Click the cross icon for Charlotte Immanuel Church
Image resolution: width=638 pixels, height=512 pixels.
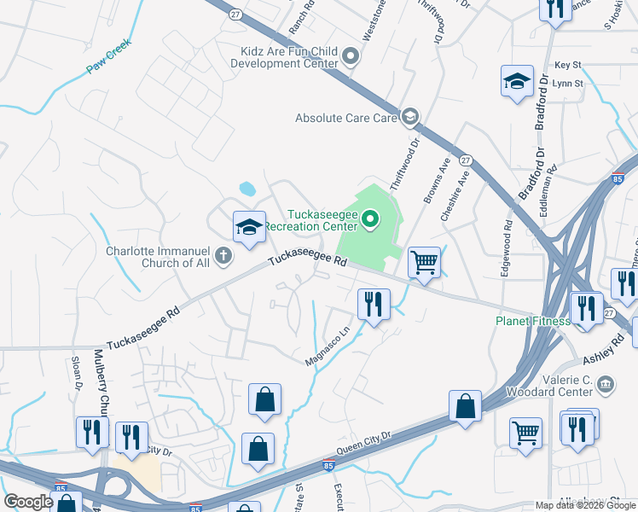point(223,254)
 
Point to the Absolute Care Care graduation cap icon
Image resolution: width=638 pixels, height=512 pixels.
point(410,117)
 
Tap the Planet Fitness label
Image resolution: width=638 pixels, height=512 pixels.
point(533,321)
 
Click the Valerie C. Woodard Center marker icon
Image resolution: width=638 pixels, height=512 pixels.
point(605,385)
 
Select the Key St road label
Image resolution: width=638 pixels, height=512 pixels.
point(567,65)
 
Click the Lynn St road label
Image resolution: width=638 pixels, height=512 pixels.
point(567,84)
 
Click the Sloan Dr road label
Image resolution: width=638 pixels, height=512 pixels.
point(76,371)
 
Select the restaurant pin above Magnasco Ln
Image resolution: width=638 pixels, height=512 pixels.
point(373,304)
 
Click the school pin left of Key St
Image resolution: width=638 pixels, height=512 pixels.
point(516,81)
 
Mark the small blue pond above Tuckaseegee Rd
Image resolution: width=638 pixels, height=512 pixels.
point(246,188)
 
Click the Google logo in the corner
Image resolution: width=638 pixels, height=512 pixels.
point(28,501)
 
